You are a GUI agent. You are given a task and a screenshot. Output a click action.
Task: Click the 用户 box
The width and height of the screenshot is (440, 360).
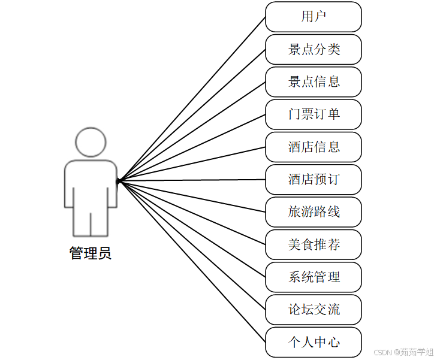[x=314, y=17]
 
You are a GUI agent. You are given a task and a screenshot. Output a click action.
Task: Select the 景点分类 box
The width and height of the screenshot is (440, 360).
[x=314, y=49]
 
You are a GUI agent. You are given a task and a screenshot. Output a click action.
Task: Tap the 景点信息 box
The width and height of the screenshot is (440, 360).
[x=314, y=81]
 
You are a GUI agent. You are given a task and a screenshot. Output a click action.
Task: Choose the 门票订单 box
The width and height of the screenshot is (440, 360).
[x=314, y=114]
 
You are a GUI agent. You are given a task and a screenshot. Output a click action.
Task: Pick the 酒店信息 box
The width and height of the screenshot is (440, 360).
[x=314, y=147]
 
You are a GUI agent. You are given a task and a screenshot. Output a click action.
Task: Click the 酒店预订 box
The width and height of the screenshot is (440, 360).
[x=314, y=179]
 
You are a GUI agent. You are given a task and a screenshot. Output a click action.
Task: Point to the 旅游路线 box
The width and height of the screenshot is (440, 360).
[x=314, y=211]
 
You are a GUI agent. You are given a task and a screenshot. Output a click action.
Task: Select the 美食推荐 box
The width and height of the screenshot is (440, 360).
[x=314, y=244]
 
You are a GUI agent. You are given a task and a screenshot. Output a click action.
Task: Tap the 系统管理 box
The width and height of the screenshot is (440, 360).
[x=314, y=277]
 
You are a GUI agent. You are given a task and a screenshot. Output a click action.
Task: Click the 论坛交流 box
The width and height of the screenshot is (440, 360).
[x=314, y=309]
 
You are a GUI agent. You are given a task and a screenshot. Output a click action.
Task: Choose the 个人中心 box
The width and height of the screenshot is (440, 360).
[x=314, y=342]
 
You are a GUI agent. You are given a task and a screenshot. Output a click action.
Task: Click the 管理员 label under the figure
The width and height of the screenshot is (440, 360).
[x=91, y=253]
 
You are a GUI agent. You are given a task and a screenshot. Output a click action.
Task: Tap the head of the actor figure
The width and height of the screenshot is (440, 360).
[x=91, y=142]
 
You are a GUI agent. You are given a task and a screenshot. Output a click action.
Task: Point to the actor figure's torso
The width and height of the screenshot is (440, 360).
[x=91, y=186]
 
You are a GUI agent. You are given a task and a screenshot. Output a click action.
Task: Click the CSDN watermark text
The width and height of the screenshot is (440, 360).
[x=403, y=352]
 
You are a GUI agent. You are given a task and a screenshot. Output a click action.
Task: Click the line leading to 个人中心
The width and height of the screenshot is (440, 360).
[x=192, y=262]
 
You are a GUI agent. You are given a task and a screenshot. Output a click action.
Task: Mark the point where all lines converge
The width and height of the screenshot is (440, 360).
[x=119, y=180]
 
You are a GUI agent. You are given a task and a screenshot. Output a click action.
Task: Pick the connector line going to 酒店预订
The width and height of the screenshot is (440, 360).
[x=192, y=180]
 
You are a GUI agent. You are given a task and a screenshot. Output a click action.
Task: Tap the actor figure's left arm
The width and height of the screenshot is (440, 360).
[x=69, y=186]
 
